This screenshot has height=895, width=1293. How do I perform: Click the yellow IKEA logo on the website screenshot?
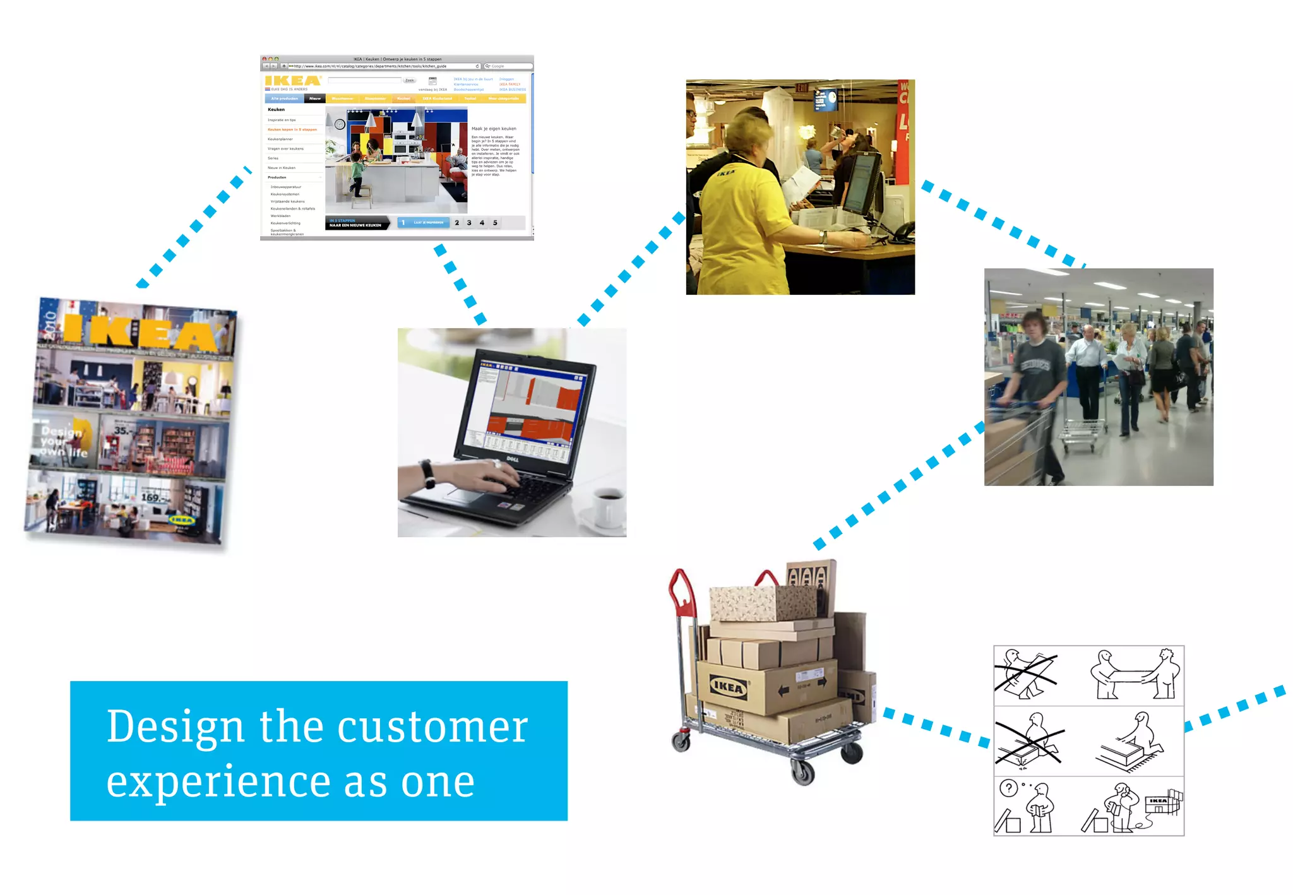293,81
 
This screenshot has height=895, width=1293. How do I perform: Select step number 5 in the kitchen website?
495,223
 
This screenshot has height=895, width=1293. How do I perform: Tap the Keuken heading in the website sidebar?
276,110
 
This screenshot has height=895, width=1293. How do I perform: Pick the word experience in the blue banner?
218,783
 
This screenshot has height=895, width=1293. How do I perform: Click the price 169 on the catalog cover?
151,497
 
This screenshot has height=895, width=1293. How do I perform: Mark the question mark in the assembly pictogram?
1008,788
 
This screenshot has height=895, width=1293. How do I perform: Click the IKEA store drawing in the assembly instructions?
1161,804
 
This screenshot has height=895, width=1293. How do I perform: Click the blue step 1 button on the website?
423,223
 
